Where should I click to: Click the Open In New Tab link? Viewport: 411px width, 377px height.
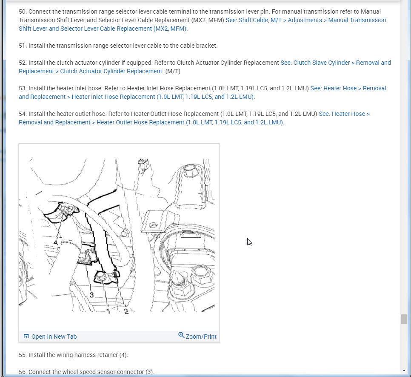coord(54,337)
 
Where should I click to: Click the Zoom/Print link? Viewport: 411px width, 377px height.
coord(201,337)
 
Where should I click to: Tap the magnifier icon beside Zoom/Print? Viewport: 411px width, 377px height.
coord(181,335)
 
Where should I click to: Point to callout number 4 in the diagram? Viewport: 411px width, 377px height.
coord(55,242)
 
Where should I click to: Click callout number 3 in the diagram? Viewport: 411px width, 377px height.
coord(91,295)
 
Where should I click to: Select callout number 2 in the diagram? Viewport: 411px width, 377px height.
coord(126,311)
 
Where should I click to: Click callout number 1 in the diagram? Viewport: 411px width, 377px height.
coord(108,311)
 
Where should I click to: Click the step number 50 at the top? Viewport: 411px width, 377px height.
coord(23,12)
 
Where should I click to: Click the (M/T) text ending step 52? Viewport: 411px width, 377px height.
coord(173,71)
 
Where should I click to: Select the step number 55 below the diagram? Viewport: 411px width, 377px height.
coord(23,355)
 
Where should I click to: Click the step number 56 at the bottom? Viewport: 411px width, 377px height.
coord(23,372)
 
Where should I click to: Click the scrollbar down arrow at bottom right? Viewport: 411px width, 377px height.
coord(403,371)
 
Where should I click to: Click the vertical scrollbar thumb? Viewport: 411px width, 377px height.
coord(403,319)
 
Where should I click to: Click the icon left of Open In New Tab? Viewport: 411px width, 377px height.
coord(26,337)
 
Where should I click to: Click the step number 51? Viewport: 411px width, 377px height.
coord(23,46)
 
